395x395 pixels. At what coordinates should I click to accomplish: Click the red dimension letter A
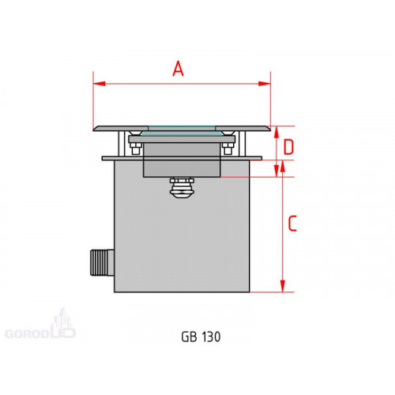click(178, 69)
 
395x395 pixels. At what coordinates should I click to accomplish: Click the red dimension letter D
click(288, 147)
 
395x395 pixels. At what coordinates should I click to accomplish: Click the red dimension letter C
click(292, 224)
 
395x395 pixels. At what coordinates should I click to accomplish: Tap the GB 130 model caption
click(201, 337)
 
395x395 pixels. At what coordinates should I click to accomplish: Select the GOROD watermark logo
click(40, 325)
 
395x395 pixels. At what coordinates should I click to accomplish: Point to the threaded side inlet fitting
click(102, 262)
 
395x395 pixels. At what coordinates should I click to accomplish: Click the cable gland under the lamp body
click(182, 186)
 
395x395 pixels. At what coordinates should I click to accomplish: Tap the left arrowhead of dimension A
click(100, 84)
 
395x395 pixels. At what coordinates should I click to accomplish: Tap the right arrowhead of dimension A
click(265, 84)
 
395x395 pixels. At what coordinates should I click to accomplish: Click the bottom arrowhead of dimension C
click(283, 286)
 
